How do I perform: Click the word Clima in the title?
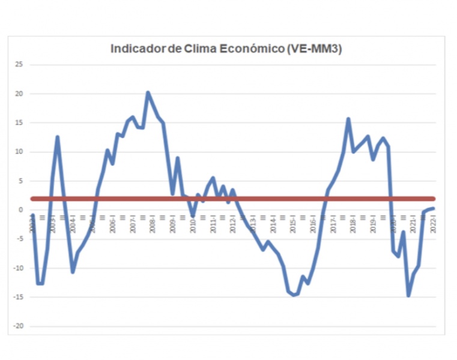[x=201, y=49]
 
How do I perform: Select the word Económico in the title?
[x=251, y=49]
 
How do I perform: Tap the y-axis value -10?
[x=17, y=268]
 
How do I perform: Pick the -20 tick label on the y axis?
[x=17, y=326]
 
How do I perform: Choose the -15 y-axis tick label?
[x=17, y=298]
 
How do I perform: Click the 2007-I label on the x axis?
[x=133, y=224]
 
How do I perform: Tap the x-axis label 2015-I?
[x=293, y=224]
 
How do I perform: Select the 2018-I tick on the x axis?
[x=353, y=224]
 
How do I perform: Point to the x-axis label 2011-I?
[x=213, y=224]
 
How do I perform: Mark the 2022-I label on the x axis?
[x=434, y=224]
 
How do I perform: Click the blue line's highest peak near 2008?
[x=148, y=93]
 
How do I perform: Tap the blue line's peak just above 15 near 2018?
[x=348, y=119]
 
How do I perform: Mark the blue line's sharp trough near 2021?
[x=408, y=295]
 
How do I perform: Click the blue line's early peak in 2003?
[x=58, y=137]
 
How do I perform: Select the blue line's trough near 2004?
[x=73, y=272]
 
